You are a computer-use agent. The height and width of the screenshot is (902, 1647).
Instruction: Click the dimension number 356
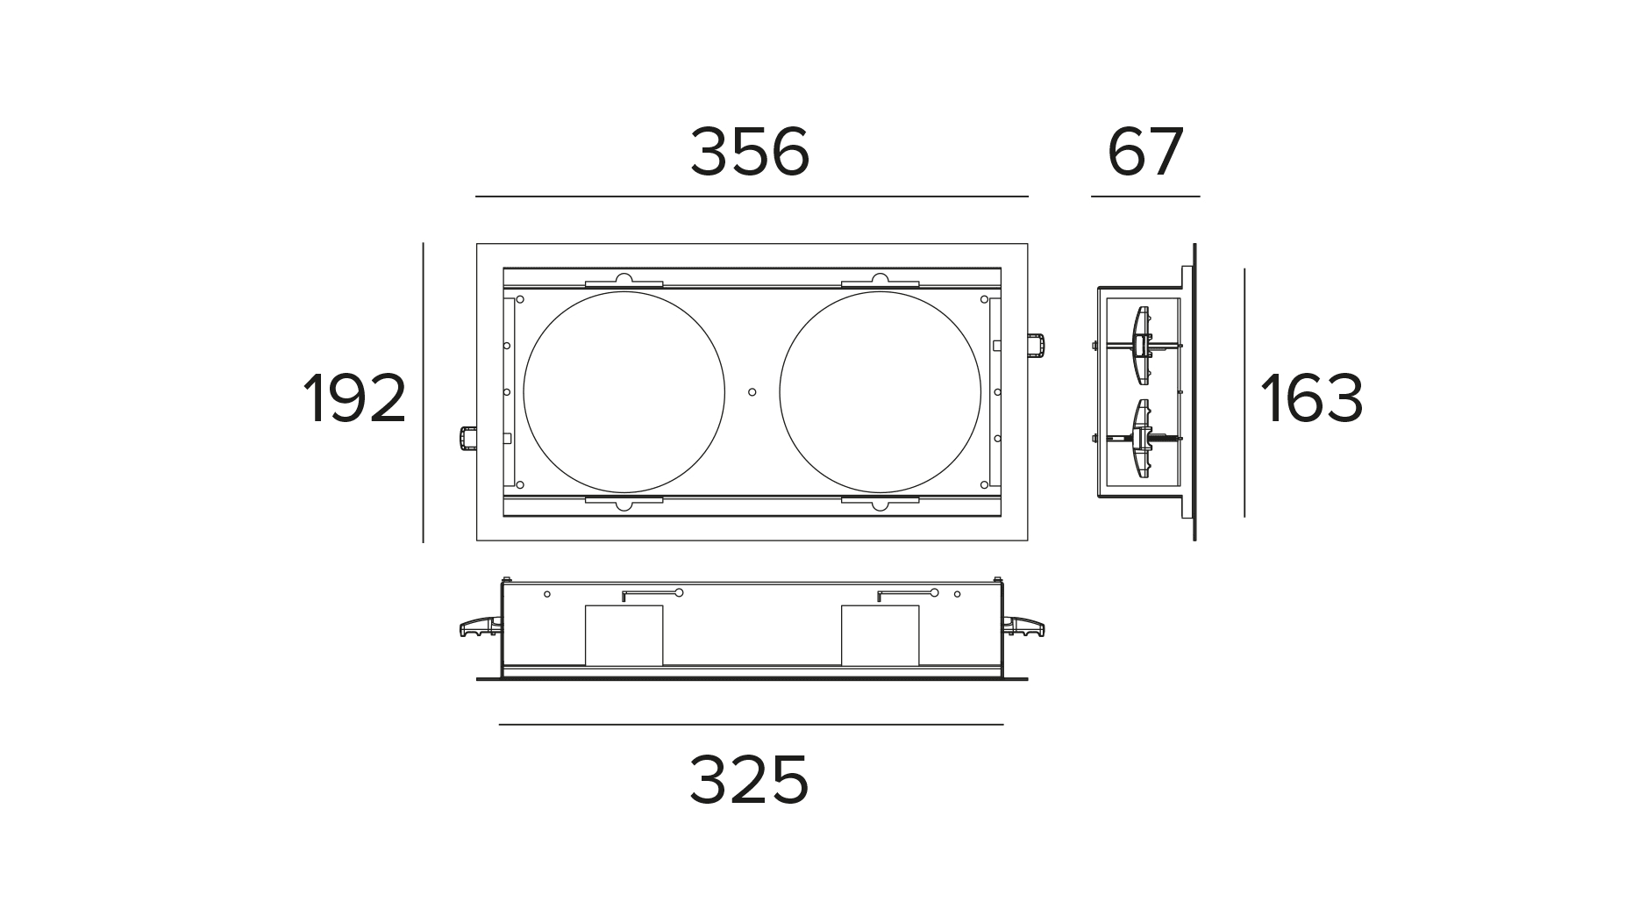[x=750, y=152]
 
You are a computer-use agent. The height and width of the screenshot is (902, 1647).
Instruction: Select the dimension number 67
[x=1145, y=152]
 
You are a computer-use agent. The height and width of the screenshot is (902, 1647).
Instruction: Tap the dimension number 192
[x=355, y=399]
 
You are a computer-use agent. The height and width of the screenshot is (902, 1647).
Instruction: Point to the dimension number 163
[x=1311, y=399]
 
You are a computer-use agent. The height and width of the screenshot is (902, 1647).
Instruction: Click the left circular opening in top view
[x=624, y=392]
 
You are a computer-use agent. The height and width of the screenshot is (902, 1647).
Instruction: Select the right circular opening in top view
[x=880, y=392]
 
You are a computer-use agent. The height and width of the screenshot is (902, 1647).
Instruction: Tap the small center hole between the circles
[x=752, y=392]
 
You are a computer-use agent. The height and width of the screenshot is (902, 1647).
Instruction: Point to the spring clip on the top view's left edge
[x=467, y=437]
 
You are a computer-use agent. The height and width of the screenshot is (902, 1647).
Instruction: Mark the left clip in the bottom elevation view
[x=480, y=626]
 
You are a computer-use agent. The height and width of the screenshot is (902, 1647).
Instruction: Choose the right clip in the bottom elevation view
[x=1023, y=626]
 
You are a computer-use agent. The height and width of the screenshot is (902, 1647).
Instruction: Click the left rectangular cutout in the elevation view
[x=624, y=634]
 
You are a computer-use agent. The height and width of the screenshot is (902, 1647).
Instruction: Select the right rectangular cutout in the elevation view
[x=880, y=634]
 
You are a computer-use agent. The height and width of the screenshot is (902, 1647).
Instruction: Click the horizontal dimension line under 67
[x=1144, y=197]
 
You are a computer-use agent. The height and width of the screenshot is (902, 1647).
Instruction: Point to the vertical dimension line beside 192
[x=423, y=392]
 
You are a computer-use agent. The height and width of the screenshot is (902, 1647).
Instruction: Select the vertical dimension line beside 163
[x=1244, y=392]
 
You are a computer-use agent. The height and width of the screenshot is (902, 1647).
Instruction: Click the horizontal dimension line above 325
[x=751, y=725]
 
